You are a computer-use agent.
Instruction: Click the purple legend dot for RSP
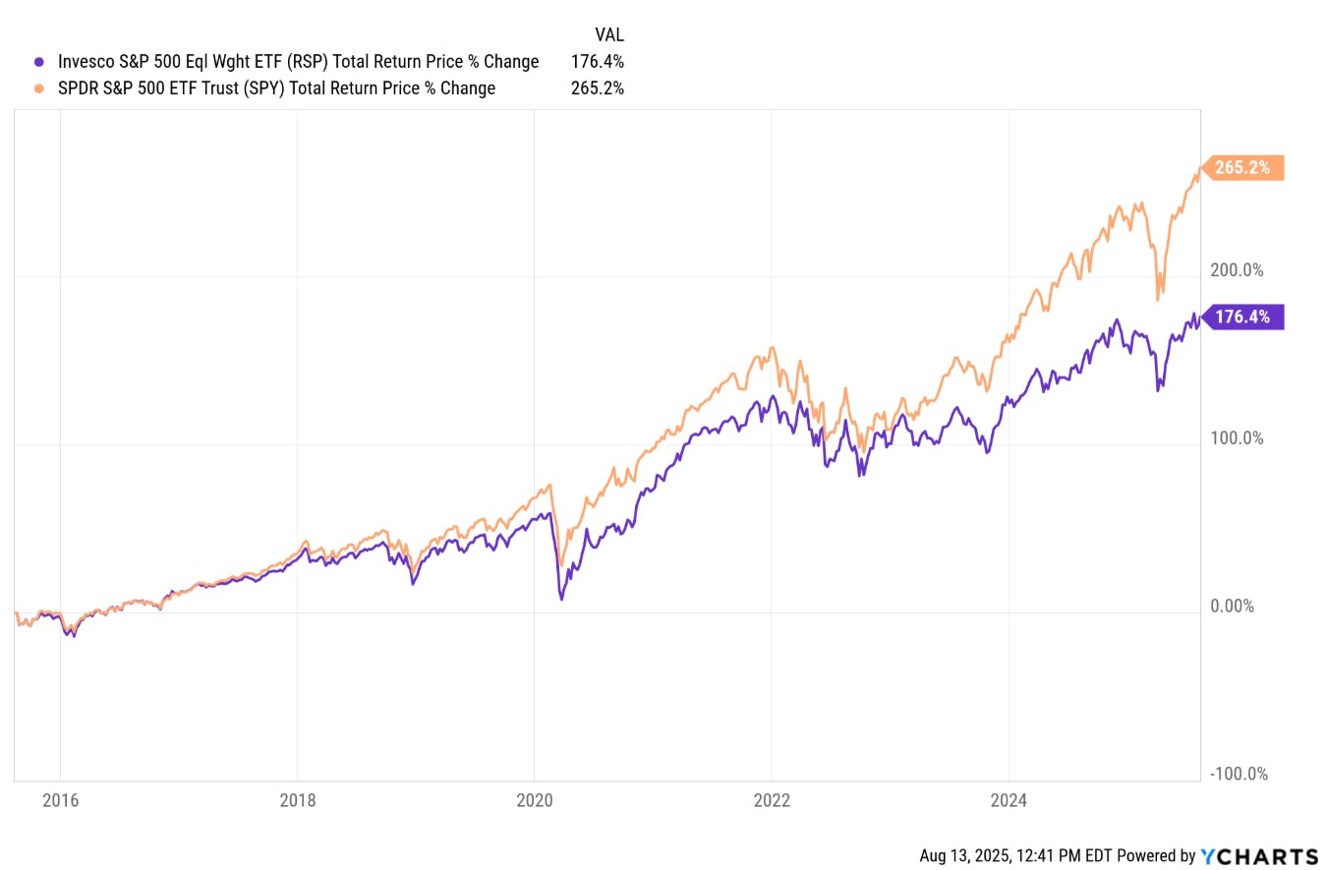[x=38, y=61]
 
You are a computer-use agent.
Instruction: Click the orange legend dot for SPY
[x=38, y=88]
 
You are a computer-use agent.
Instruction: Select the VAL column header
[x=609, y=33]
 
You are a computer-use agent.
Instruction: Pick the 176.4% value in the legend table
[x=598, y=61]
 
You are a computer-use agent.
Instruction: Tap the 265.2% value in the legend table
[x=598, y=88]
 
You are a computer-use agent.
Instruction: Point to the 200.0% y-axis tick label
[x=1237, y=270]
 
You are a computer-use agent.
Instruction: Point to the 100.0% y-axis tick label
[x=1237, y=438]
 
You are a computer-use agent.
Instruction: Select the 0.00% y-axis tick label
[x=1232, y=607]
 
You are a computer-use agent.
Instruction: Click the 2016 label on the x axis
[x=60, y=800]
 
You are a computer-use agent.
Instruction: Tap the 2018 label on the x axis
[x=297, y=800]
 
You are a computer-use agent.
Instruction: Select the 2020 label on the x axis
[x=534, y=800]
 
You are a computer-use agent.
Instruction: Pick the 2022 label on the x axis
[x=771, y=800]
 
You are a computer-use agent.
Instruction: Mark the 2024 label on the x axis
[x=1008, y=800]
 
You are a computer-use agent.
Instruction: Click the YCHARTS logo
[x=1259, y=855]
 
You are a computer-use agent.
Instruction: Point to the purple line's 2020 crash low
[x=560, y=598]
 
